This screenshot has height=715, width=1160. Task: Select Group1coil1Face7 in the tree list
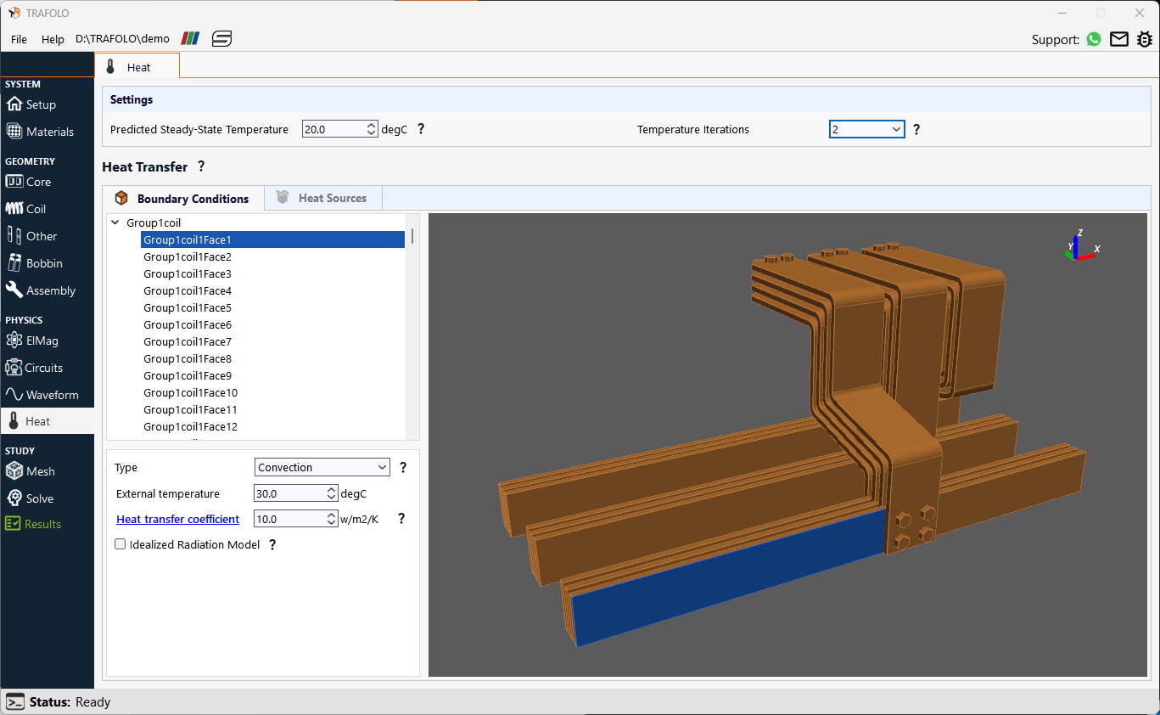click(188, 341)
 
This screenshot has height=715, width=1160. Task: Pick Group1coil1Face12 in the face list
click(190, 426)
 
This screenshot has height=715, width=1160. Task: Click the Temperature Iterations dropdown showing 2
click(866, 129)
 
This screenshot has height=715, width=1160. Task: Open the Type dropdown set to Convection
click(322, 467)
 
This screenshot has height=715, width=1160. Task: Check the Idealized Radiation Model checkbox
click(120, 544)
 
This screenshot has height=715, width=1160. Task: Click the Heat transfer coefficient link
click(178, 519)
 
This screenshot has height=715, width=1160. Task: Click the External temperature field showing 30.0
click(289, 493)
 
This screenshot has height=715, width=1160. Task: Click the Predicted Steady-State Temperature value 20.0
click(333, 129)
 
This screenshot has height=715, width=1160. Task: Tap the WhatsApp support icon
click(1094, 39)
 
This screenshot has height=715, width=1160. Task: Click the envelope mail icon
click(1119, 39)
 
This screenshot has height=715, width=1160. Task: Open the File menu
click(19, 39)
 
